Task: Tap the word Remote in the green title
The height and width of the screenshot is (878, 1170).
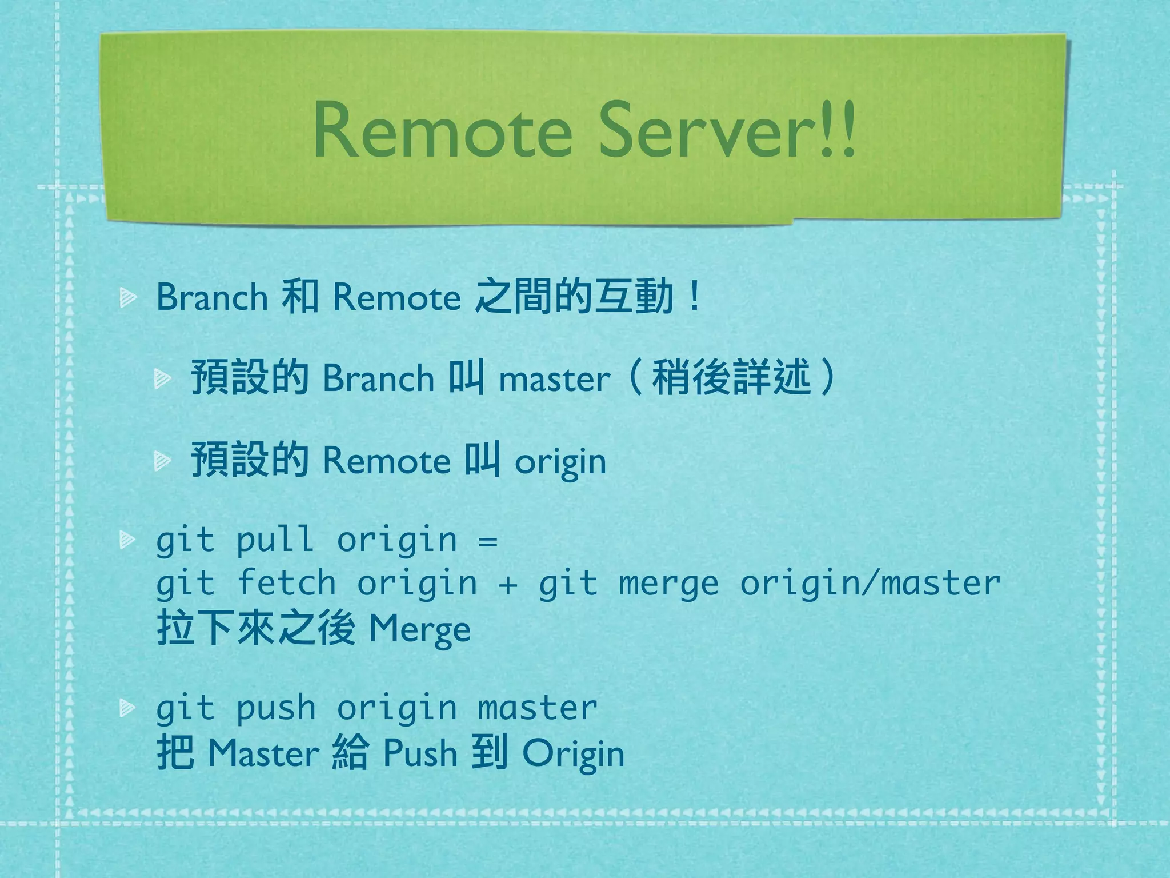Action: pos(442,131)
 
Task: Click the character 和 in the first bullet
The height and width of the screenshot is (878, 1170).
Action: pos(300,297)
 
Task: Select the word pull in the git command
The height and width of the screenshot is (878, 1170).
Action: pos(275,540)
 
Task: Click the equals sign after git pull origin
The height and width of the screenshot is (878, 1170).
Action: pos(488,541)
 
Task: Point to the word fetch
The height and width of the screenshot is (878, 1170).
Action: pos(286,583)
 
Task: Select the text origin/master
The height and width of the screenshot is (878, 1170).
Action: pos(870,583)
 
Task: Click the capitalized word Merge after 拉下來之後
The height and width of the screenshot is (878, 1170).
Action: pos(420,629)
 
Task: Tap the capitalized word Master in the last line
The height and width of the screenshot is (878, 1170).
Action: pos(263,753)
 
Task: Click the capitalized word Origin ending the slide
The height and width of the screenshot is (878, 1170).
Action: pos(573,754)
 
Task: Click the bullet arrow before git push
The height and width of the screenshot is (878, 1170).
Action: pos(127,709)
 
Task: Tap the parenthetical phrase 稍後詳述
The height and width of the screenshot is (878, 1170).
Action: pos(731,377)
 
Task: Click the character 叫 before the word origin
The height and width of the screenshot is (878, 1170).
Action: pos(482,460)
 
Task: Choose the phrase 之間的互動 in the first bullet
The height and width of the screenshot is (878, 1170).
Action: pos(574,297)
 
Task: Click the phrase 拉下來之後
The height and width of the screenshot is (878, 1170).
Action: pos(257,628)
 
